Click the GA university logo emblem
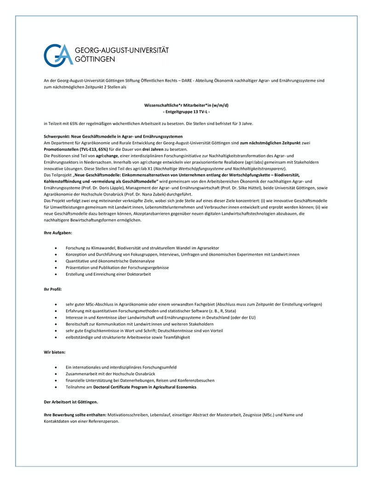pyautogui.click(x=58, y=55)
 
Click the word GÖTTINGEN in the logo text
pyautogui.click(x=95, y=59)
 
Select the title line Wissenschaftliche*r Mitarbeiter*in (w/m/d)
pyautogui.click(x=186, y=105)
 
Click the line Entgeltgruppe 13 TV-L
pyautogui.click(x=186, y=112)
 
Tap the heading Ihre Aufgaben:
pyautogui.click(x=54, y=233)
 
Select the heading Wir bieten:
pyautogui.click(x=54, y=352)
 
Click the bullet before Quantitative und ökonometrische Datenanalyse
pyautogui.click(x=56, y=261)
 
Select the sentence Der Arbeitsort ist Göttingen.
pyautogui.click(x=70, y=402)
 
